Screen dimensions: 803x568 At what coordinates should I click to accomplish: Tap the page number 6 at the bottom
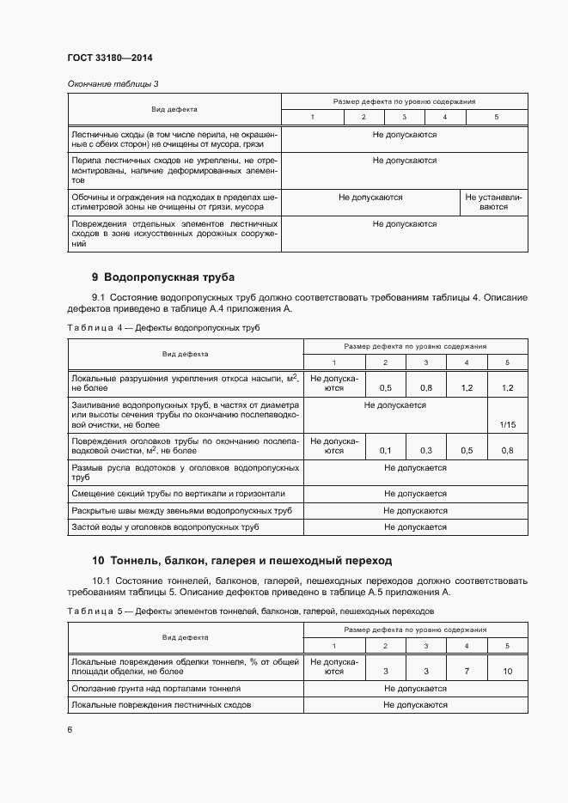[x=70, y=729]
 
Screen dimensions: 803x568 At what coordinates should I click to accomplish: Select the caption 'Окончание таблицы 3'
[x=113, y=83]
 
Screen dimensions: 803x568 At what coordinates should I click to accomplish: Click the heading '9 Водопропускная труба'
[x=162, y=277]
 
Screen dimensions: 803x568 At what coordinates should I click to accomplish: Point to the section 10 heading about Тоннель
[x=241, y=560]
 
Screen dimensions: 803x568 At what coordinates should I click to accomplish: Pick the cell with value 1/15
[x=508, y=423]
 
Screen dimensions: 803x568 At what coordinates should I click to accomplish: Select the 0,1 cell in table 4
[x=385, y=451]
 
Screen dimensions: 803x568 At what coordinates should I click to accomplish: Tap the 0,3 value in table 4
[x=425, y=451]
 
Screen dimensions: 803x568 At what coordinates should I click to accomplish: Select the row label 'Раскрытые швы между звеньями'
[x=181, y=510]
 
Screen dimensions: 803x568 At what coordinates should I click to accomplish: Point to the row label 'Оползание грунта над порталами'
[x=156, y=688]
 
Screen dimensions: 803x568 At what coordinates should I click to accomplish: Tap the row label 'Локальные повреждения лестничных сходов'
[x=161, y=704]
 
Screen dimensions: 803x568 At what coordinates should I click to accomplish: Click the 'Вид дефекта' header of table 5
[x=186, y=637]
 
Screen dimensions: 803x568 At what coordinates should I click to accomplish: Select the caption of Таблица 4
[x=162, y=328]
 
